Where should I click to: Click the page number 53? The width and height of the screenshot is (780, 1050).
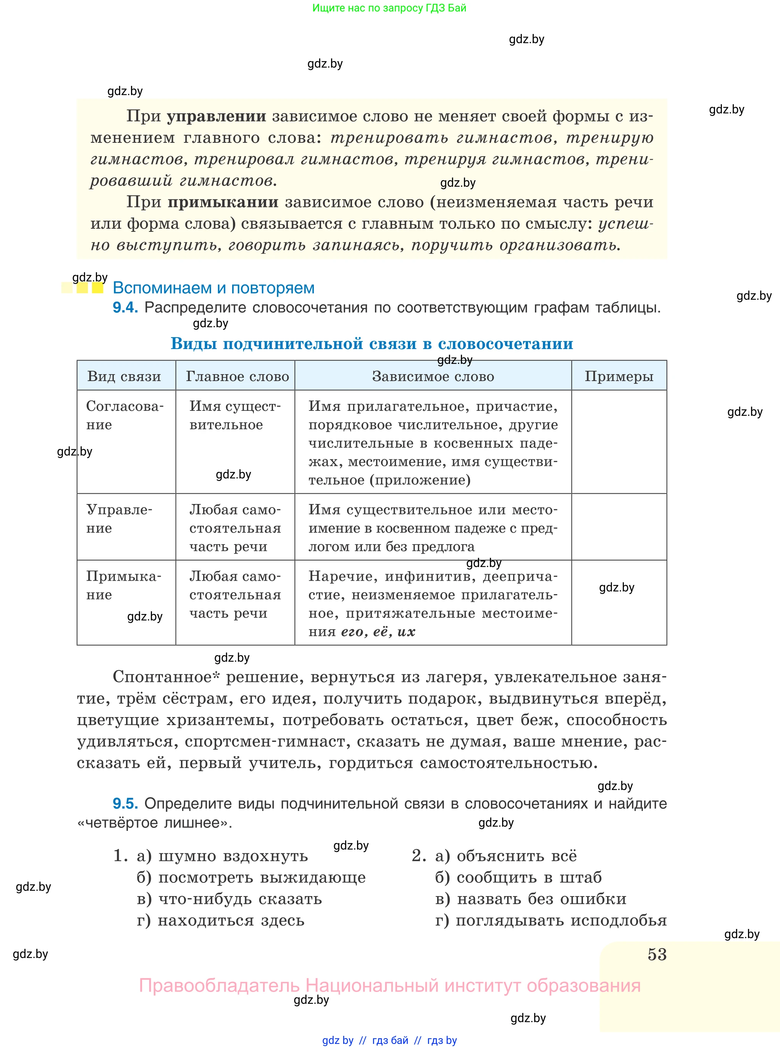pos(657,954)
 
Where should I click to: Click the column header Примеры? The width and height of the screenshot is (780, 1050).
pos(619,376)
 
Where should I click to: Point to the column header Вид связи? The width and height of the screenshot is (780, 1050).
pos(124,376)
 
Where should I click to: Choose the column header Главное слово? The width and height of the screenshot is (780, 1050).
pos(237,376)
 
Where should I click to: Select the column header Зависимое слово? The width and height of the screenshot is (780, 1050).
pos(433,376)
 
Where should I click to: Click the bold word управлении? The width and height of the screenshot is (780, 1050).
pos(216,116)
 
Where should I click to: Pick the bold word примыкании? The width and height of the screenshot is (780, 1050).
pos(223,202)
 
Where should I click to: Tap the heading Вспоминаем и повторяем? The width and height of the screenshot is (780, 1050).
pos(213,288)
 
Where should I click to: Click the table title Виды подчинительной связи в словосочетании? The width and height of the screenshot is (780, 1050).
pos(371,343)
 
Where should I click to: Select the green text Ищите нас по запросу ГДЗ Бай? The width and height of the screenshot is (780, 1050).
pos(389,8)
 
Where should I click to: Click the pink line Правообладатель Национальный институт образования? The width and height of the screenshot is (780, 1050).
pos(389,985)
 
